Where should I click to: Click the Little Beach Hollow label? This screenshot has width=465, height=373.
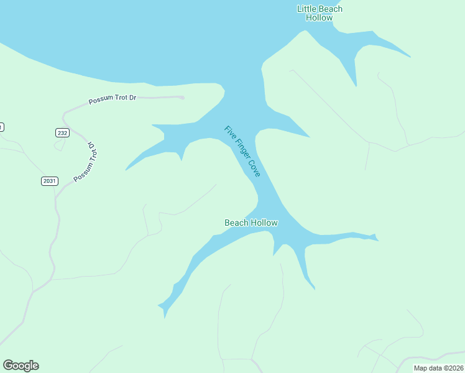320,13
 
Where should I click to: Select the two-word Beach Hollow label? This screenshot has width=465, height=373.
251,223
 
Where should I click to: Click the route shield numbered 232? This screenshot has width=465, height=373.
62,132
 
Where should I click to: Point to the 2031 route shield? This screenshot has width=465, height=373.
50,181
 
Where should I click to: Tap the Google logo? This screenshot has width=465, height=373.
21,366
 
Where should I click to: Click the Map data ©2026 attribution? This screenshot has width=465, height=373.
438,368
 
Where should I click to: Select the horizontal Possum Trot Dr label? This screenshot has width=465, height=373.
112,99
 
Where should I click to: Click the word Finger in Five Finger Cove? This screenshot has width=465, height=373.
241,150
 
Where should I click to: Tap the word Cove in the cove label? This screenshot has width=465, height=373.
255,170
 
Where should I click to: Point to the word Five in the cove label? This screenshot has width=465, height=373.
229,132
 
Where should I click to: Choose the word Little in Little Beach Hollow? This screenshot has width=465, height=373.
307,9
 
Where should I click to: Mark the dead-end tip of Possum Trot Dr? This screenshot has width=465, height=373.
183,97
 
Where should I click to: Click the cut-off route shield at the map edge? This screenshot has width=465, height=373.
1,127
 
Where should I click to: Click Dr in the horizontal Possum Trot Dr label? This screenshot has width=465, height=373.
132,98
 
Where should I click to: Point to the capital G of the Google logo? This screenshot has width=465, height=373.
8,366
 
